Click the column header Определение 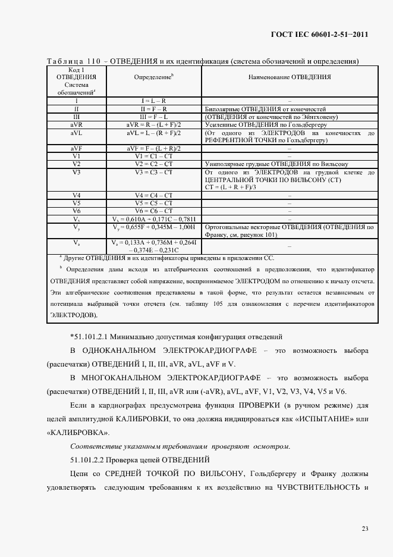click(x=153, y=77)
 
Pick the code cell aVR click(x=76, y=126)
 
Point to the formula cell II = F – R click(x=153, y=109)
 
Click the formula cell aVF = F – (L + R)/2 click(x=153, y=148)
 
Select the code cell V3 click(x=76, y=172)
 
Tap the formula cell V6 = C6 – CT click(x=153, y=211)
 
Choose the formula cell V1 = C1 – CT click(x=153, y=156)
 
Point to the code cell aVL click(x=76, y=133)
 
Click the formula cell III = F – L click(x=153, y=117)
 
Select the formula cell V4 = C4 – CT click(x=153, y=195)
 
